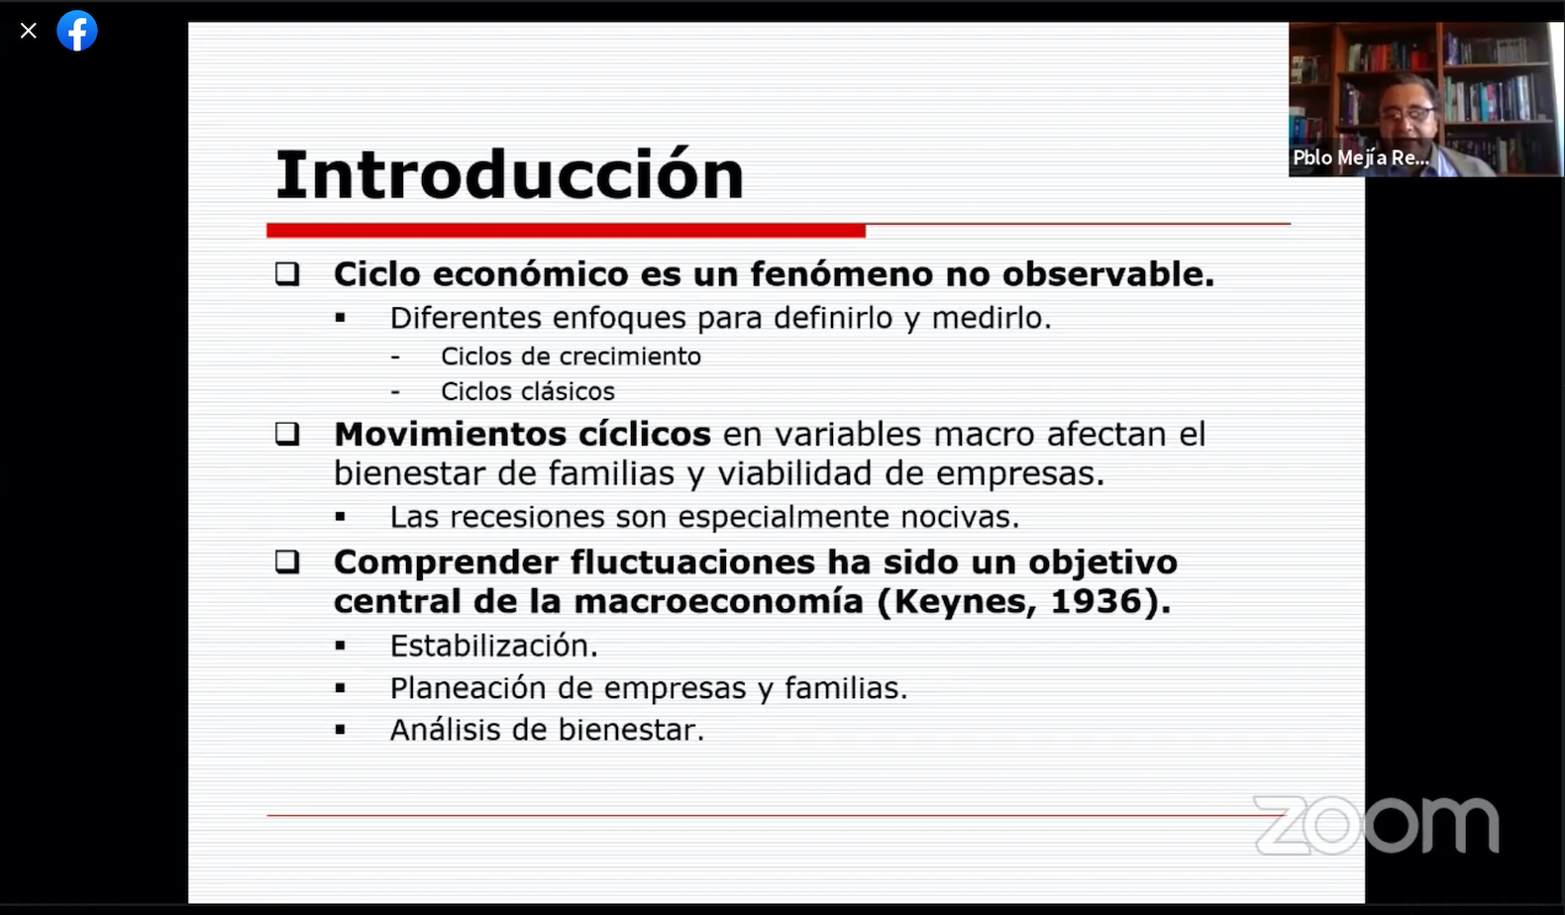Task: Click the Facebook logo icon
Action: (x=77, y=31)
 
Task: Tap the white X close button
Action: (x=29, y=31)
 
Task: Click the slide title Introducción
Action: (x=509, y=174)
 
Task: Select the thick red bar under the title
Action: (x=566, y=231)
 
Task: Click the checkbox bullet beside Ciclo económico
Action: (x=287, y=273)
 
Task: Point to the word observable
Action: (x=1108, y=273)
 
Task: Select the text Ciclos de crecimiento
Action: (x=571, y=356)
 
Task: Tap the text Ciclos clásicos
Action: (x=528, y=391)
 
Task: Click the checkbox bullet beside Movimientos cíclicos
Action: (x=287, y=434)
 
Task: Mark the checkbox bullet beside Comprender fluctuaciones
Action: (x=287, y=561)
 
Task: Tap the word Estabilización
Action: (x=493, y=646)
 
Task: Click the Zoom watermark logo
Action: (x=1377, y=825)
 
